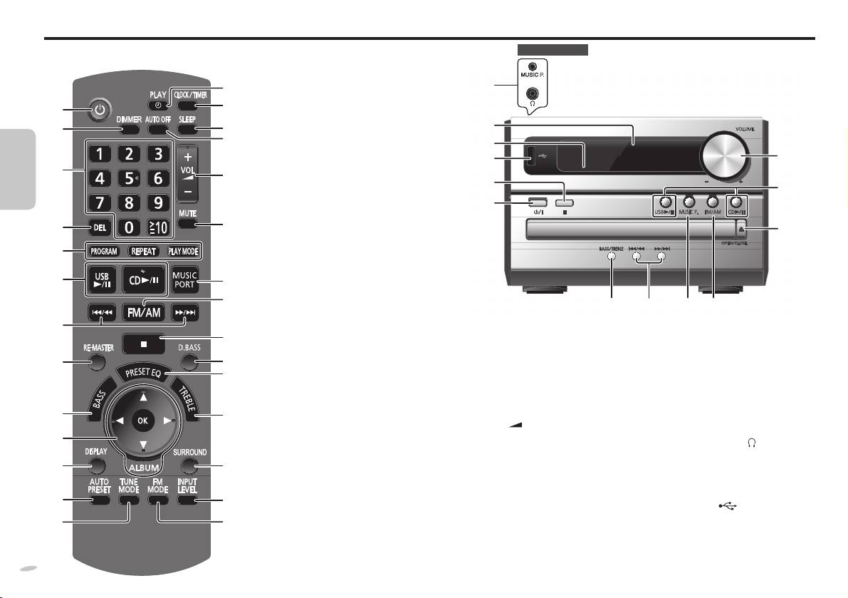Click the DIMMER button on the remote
point(130,130)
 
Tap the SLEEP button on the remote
point(188,130)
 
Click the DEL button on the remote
point(100,228)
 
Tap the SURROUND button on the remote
point(189,467)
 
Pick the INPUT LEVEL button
point(188,501)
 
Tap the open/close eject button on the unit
point(742,230)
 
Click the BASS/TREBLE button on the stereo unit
point(612,257)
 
